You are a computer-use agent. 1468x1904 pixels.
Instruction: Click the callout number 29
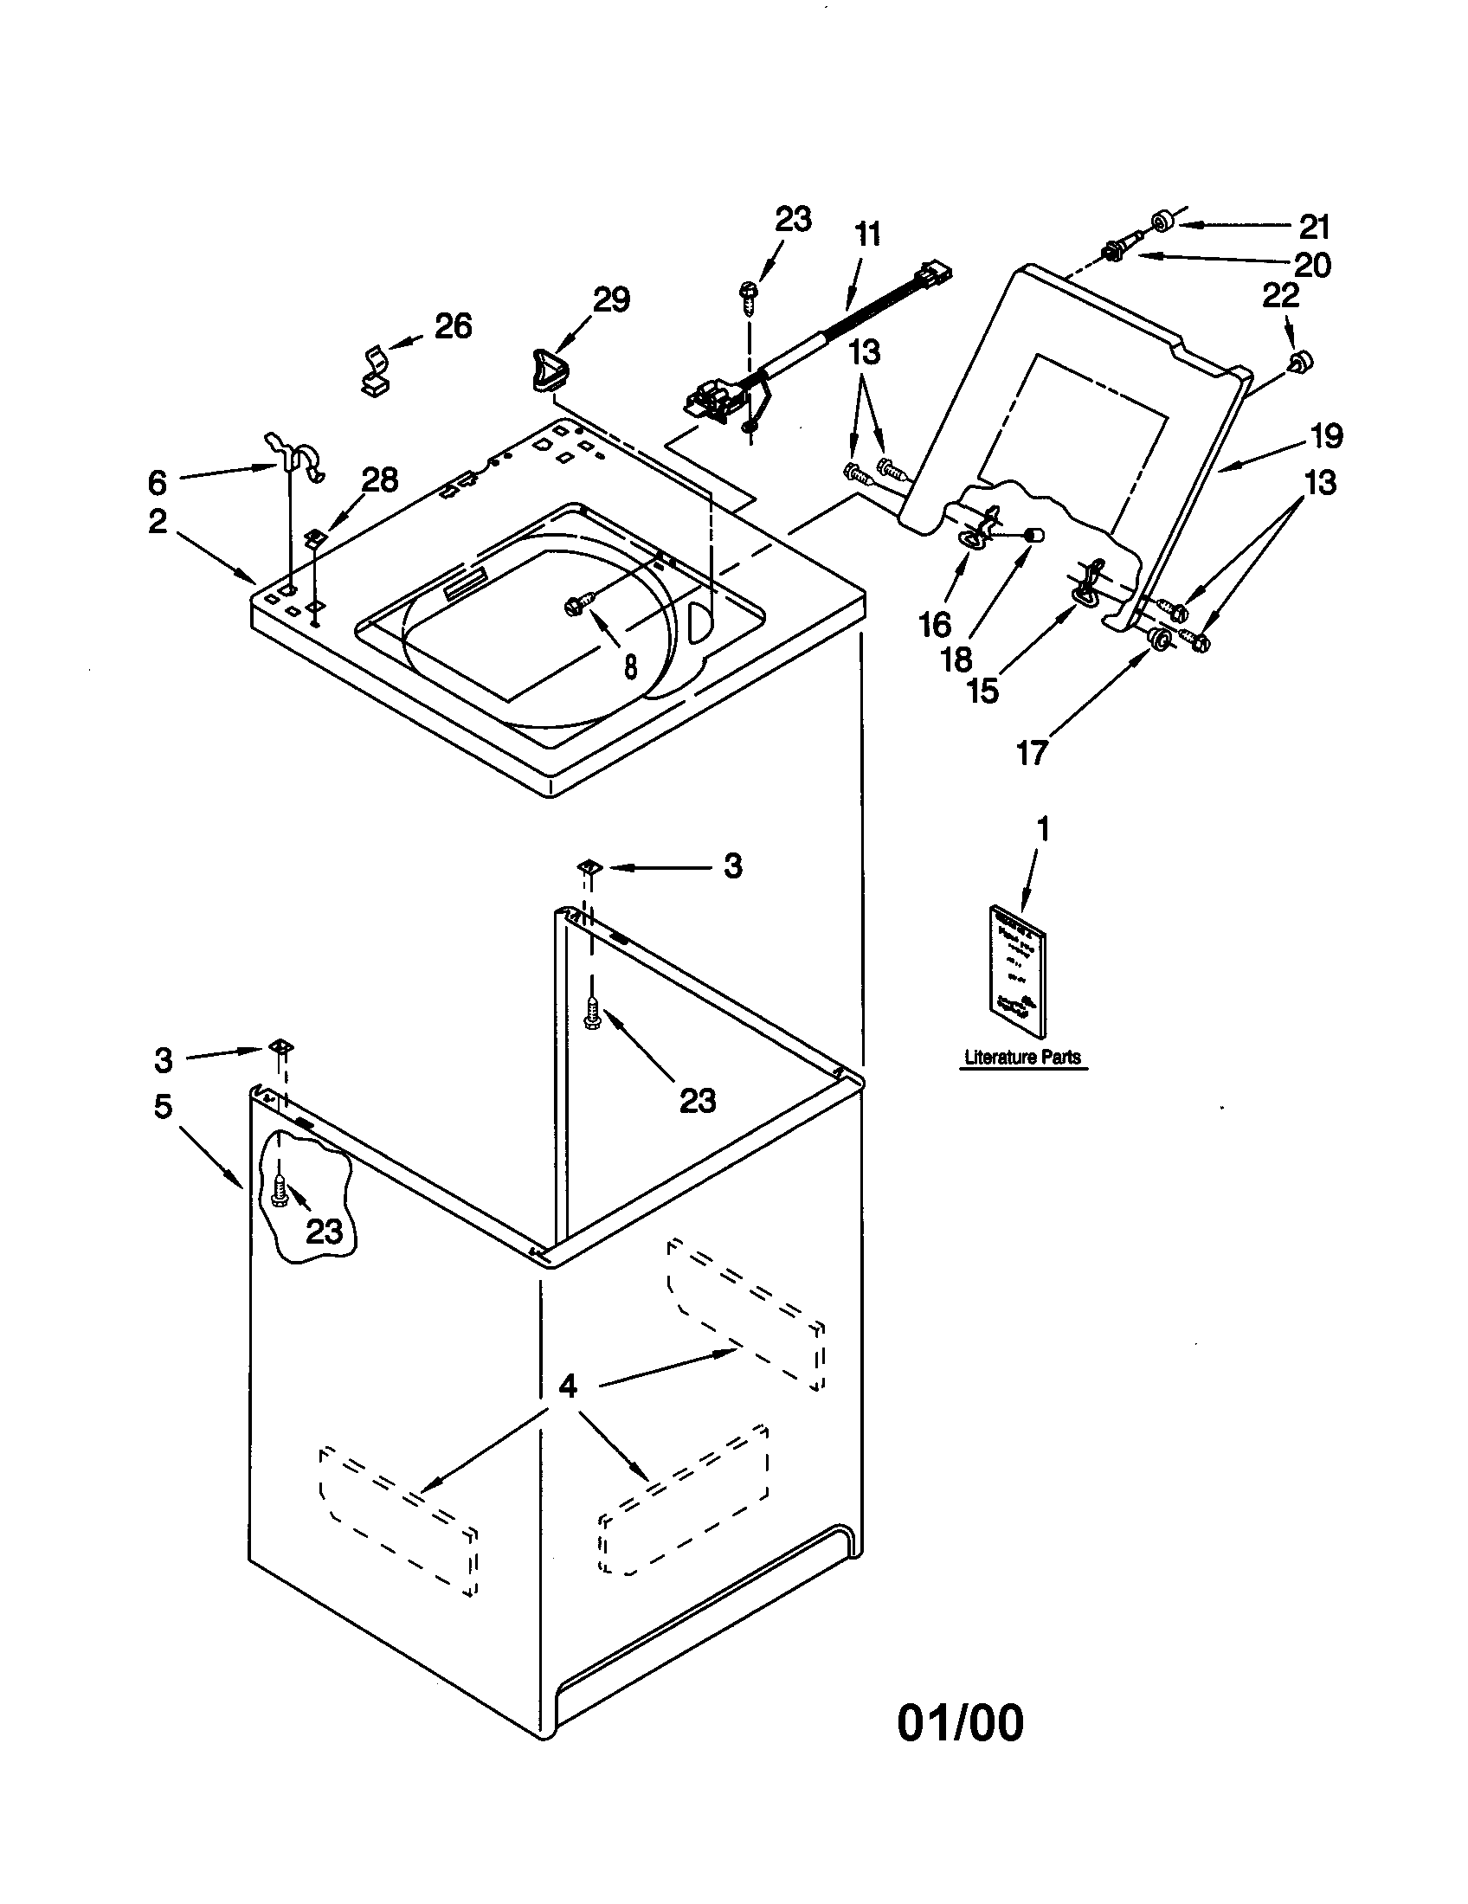611,300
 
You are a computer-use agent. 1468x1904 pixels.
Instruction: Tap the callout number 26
453,326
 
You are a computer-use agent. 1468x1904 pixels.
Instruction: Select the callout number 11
867,235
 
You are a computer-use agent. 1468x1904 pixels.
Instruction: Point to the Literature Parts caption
1021,1058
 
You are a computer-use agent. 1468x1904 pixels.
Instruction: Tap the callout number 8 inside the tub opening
630,666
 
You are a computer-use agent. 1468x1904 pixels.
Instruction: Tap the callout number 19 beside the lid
1327,436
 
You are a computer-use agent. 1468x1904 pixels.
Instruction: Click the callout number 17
1031,752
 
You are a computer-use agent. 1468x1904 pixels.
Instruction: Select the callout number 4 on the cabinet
568,1386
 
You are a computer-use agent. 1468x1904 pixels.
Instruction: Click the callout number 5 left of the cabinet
163,1107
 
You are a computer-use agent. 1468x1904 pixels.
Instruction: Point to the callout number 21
1314,227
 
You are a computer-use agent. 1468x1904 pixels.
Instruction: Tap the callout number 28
380,479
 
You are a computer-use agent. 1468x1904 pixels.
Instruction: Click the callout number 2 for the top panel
157,521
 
